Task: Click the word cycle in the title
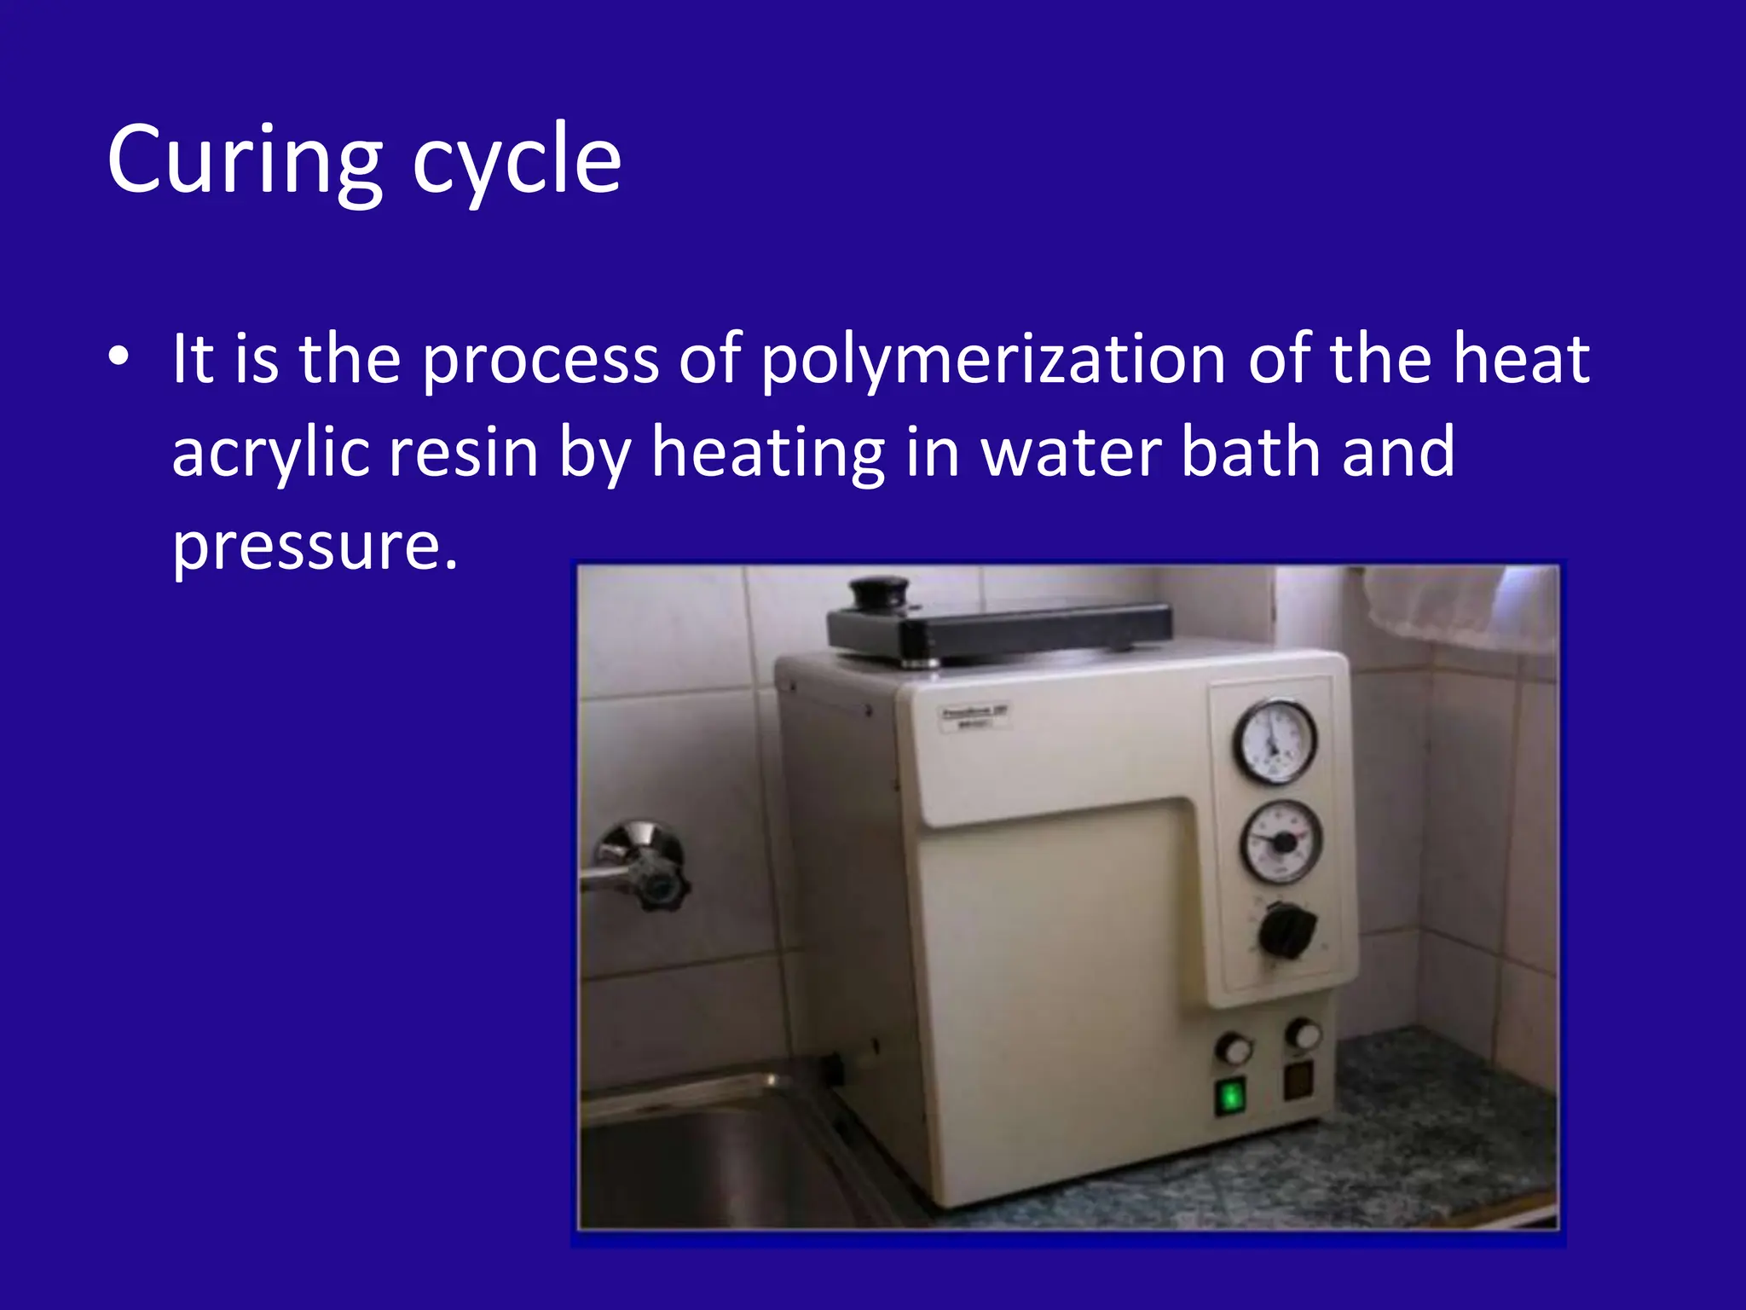pyautogui.click(x=517, y=162)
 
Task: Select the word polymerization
pyautogui.click(x=993, y=360)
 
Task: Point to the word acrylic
pyautogui.click(x=270, y=453)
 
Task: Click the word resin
pyautogui.click(x=463, y=453)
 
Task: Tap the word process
pyautogui.click(x=540, y=360)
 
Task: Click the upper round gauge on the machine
pyautogui.click(x=1275, y=741)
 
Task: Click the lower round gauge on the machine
pyautogui.click(x=1280, y=842)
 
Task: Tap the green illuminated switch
pyautogui.click(x=1230, y=1096)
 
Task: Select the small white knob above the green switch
pyautogui.click(x=1232, y=1048)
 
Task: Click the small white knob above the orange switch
pyautogui.click(x=1302, y=1034)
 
